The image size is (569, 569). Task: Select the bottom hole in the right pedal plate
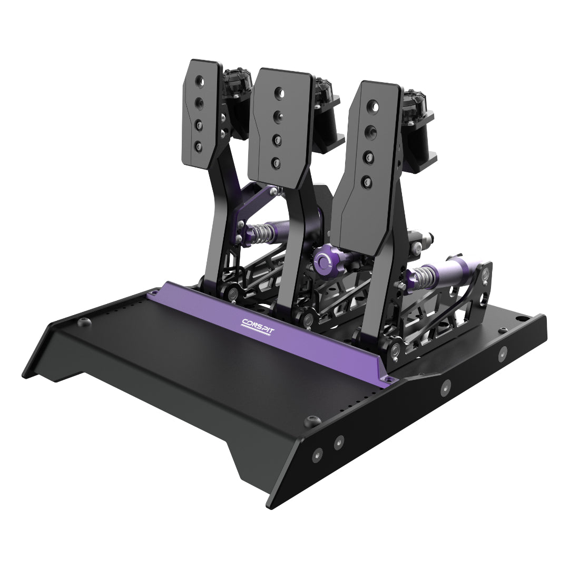(363, 182)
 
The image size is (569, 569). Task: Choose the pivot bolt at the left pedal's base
(232, 292)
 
